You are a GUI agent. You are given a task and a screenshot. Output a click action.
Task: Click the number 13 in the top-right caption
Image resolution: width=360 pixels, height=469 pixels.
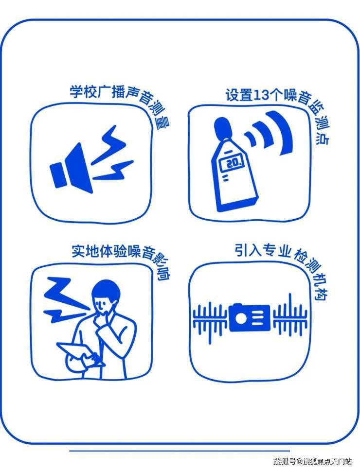point(260,95)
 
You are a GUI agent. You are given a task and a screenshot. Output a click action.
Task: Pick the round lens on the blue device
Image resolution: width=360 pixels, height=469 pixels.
point(240,318)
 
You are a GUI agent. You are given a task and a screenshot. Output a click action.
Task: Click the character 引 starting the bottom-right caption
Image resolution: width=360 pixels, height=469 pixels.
point(241,250)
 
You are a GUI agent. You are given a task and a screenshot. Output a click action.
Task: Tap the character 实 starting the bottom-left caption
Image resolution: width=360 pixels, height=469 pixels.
point(78,251)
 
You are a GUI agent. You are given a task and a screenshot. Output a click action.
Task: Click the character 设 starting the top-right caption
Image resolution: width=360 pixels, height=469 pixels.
point(232,95)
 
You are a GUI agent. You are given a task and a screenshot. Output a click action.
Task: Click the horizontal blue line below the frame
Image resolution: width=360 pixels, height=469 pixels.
point(180,451)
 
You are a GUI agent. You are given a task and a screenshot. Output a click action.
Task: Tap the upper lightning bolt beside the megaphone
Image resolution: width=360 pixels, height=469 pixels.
point(108,143)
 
